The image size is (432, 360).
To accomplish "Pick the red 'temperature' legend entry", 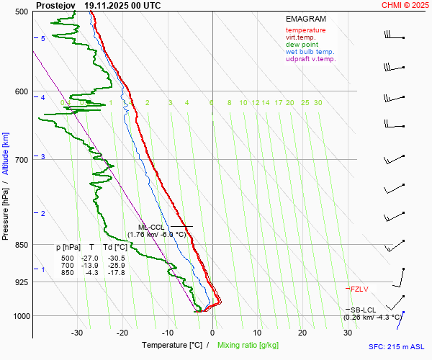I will [x=305, y=30].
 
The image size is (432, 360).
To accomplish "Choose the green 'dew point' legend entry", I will [x=302, y=45].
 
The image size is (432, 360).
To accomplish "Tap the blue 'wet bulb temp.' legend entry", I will [x=310, y=52].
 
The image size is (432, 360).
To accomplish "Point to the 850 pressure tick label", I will [x=20, y=245].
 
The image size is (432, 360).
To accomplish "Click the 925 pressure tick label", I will [x=20, y=282].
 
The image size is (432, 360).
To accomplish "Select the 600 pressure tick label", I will [x=20, y=92].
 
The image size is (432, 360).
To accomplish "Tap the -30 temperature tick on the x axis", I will [x=77, y=333].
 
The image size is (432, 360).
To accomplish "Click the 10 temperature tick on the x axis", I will [x=257, y=333].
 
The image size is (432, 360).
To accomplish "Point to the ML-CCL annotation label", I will [x=153, y=227].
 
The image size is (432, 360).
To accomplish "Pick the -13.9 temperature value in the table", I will [x=91, y=265].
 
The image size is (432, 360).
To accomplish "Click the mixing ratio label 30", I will [x=318, y=103].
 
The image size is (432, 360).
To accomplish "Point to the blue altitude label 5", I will [x=43, y=38].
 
